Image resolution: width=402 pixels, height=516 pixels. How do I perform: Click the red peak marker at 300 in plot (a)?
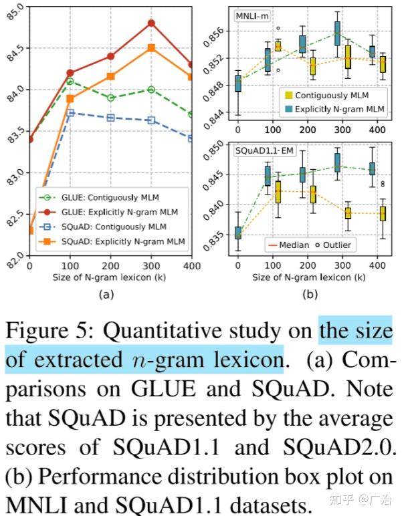pos(151,23)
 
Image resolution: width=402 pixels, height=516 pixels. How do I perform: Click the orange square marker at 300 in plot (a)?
pos(151,47)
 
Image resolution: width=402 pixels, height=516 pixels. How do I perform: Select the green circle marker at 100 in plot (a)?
pos(70,82)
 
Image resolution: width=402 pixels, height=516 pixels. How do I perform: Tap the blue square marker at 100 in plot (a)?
pos(70,113)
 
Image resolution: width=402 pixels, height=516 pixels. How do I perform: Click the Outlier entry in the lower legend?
pos(332,245)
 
